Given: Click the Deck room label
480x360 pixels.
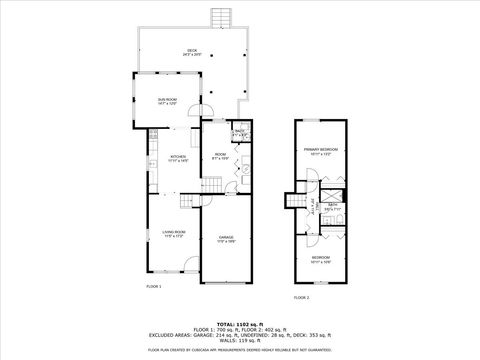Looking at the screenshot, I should (x=191, y=52).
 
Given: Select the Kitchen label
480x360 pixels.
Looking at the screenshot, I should (x=178, y=158).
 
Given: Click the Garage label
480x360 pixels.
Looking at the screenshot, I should (x=226, y=238).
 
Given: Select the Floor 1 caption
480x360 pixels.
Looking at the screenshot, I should (x=154, y=286).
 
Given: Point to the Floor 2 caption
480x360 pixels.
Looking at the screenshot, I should (x=301, y=297).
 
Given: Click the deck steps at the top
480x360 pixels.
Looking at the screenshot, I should (x=219, y=19).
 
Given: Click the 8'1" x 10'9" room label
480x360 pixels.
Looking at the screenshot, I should (x=222, y=155).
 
